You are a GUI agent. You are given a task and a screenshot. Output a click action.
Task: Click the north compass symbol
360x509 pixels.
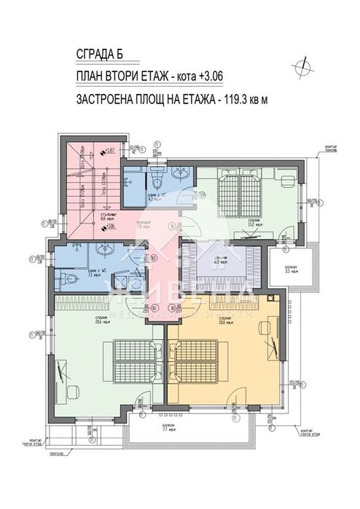point(303,67)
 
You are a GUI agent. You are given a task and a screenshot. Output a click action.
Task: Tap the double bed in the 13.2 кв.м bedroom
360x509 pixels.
point(243,187)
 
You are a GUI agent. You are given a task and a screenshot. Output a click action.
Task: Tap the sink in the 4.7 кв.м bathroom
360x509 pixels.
point(180,173)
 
